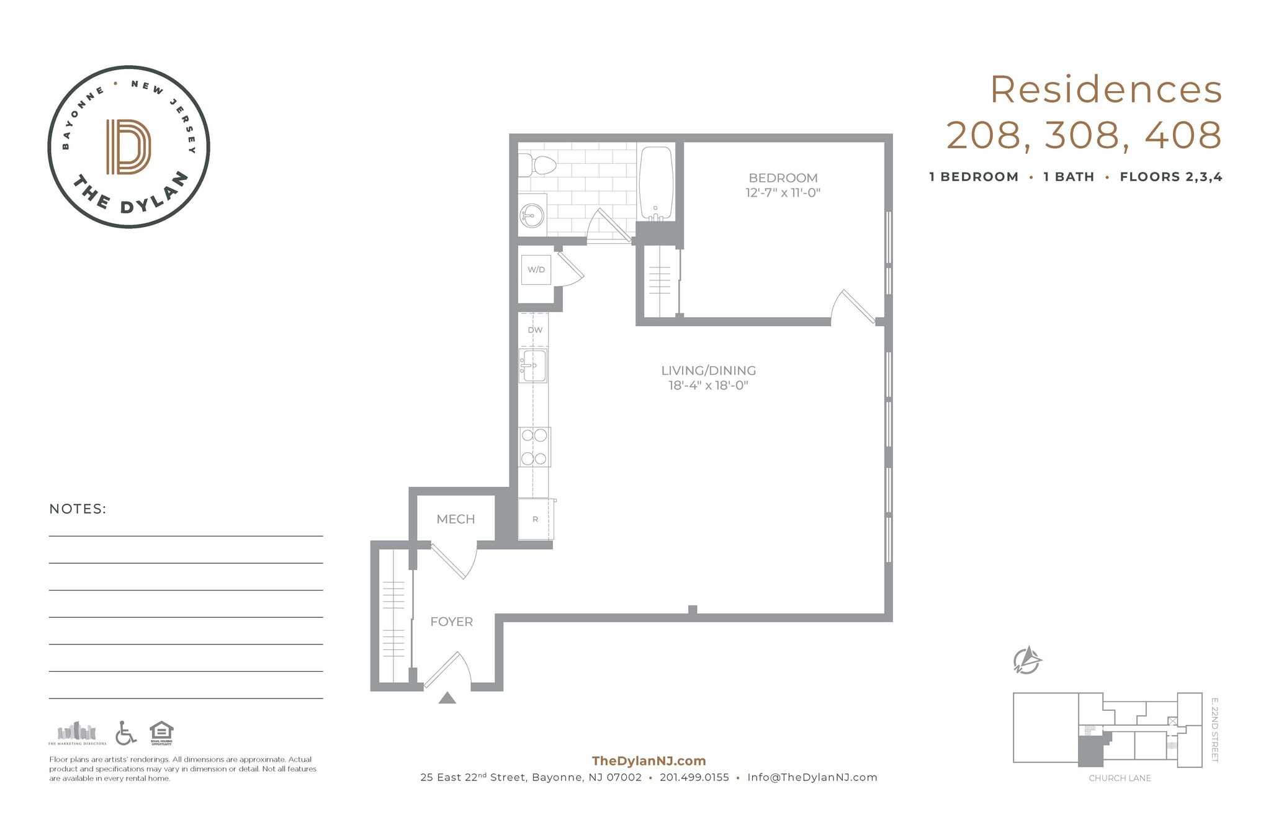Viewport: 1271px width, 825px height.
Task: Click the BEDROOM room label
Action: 783,178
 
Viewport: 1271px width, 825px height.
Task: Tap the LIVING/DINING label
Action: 708,371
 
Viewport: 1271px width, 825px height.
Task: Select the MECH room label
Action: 456,519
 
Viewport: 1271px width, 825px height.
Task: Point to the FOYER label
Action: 451,622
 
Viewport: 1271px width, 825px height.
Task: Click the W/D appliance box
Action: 536,270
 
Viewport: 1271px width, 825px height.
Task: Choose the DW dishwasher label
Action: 535,330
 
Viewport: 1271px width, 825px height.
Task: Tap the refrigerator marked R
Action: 535,519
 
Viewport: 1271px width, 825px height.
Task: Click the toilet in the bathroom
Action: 537,166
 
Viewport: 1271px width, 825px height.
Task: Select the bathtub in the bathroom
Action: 656,183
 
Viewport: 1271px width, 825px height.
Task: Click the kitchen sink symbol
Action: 533,365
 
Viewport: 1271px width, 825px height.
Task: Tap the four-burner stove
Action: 534,447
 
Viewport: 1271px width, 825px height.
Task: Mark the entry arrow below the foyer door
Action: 447,698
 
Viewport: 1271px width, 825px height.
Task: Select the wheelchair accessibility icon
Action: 126,733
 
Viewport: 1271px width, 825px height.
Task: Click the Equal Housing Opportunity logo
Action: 161,733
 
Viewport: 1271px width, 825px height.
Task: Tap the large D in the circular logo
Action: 128,147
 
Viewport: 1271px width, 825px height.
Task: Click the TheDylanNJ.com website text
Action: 649,761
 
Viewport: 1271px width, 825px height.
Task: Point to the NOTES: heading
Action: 78,509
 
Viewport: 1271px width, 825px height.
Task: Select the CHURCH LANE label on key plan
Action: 1120,778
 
